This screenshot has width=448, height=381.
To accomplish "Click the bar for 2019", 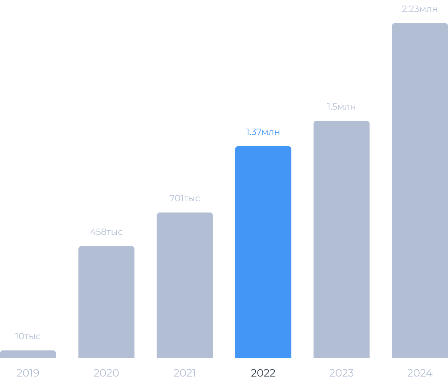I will [x=28, y=354].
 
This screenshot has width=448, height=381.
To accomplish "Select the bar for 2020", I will [x=106, y=302].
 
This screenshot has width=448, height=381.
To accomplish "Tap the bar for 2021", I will [x=184, y=285].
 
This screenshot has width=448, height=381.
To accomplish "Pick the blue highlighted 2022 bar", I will [x=263, y=252].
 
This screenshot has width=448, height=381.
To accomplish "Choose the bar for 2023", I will [x=341, y=239].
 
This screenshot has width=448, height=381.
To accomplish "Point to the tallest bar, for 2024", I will [x=420, y=190].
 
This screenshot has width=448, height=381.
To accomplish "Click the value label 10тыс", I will [x=28, y=336].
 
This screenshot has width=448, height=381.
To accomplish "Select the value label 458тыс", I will [x=106, y=232].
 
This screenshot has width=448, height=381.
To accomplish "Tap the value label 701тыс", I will [x=184, y=198].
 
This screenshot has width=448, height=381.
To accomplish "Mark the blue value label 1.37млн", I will [x=263, y=132].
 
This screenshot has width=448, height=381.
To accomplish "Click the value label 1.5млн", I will [x=341, y=107].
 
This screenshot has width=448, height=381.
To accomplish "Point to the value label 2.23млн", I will [x=420, y=9].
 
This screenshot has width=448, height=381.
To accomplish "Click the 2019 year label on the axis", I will [x=28, y=373].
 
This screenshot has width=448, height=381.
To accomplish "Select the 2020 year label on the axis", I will [x=106, y=373].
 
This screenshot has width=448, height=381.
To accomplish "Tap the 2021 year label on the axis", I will [x=184, y=373].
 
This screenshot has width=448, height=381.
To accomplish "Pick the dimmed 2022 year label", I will [x=263, y=373].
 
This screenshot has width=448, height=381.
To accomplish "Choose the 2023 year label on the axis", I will [x=341, y=373].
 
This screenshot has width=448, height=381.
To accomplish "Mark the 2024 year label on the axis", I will [x=420, y=373].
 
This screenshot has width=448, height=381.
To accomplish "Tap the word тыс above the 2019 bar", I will [x=32, y=337].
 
